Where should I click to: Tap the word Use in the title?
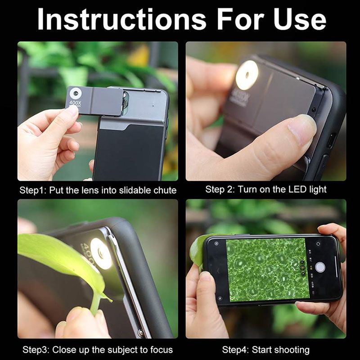pos(300,20)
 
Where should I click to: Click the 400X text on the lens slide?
pos(75,103)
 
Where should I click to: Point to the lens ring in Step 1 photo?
pos(76,93)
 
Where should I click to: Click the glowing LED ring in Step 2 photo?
pos(247,75)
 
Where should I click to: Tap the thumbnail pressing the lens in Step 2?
pos(301,126)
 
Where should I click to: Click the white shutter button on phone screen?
pos(320,267)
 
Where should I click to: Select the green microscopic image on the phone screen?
pos(268,269)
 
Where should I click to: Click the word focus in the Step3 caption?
pos(162,350)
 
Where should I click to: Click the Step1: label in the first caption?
pos(33,190)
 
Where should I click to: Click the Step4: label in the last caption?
pos(235,350)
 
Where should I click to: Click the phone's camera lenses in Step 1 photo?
pos(126,100)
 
